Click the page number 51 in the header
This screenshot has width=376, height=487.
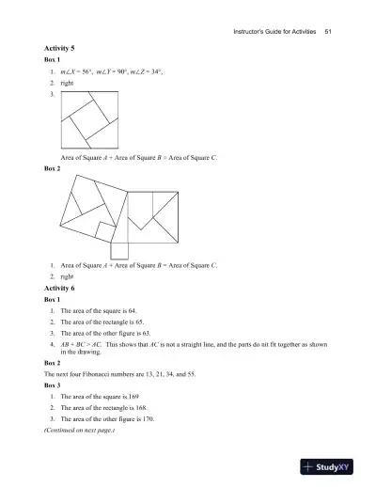(x=328, y=33)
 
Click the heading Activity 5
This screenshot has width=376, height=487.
(x=60, y=47)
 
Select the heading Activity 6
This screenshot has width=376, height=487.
(x=60, y=289)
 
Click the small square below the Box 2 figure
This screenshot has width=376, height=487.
(x=118, y=249)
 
